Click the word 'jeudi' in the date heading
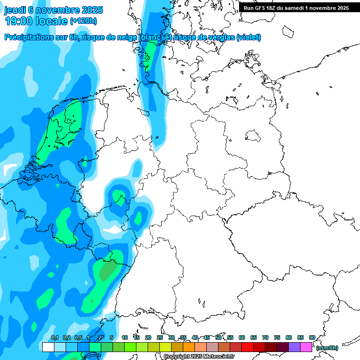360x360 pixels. tap(15, 10)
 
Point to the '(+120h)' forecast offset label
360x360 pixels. tap(83, 21)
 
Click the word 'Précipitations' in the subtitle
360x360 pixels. tap(28, 37)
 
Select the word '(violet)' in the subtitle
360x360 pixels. tap(249, 37)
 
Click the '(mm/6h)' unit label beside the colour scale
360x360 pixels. tap(327, 348)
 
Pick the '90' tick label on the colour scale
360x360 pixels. tap(312, 337)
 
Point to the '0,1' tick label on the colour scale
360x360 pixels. tap(54, 337)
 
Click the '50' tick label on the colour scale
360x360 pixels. tap(218, 337)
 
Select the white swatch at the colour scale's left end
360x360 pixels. tap(48, 347)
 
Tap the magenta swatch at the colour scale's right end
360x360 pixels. tap(306, 347)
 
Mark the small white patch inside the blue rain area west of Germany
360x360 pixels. tap(112, 230)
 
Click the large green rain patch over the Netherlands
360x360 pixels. tap(63, 129)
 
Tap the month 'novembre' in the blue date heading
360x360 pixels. tap(60, 10)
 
